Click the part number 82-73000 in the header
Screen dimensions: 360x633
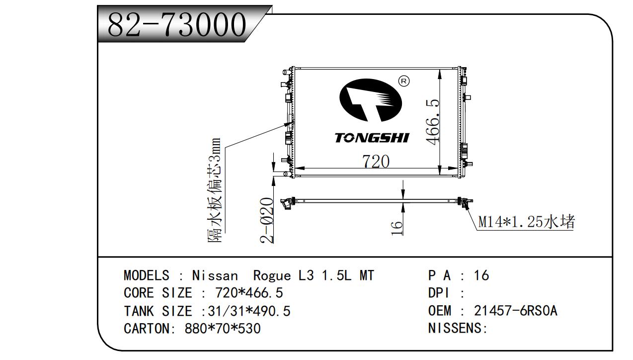[x=177, y=24]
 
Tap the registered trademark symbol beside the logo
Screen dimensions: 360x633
[x=404, y=81]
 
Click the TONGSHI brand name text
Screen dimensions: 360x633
[x=372, y=138]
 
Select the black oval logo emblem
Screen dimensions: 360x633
[x=370, y=101]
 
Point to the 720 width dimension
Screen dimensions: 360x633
[x=375, y=161]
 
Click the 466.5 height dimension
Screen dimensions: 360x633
[x=433, y=121]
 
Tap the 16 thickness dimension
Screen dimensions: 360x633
[x=396, y=227]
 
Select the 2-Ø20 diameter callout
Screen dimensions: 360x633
[x=267, y=220]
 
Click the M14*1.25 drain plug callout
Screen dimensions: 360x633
[x=526, y=222]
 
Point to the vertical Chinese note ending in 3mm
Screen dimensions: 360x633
[x=215, y=190]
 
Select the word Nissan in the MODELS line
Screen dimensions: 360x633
[x=215, y=275]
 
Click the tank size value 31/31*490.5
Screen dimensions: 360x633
[x=249, y=311]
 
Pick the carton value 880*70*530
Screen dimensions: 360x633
[x=222, y=329]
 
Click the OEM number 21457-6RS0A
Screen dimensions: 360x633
[x=515, y=311]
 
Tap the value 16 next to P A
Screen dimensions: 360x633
[x=481, y=275]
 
